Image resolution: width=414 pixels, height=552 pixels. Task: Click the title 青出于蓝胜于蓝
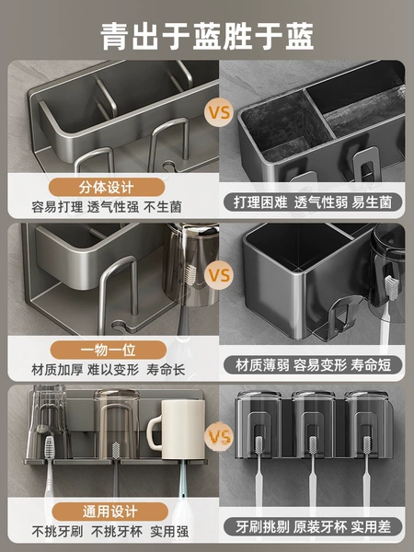207,36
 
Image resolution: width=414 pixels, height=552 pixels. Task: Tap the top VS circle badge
219,112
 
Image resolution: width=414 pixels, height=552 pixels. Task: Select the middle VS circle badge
219,275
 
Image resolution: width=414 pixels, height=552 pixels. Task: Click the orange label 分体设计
107,188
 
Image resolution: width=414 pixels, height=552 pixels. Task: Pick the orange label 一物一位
108,350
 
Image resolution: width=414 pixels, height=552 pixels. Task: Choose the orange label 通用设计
109,512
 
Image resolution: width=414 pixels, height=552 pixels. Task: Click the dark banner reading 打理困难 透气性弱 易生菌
313,202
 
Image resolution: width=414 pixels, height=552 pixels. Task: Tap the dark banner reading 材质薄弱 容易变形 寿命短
313,364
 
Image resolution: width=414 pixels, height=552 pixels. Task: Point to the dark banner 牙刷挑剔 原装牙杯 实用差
313,526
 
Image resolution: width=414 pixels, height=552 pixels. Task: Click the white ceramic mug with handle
178,430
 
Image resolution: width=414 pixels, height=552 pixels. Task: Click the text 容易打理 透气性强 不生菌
107,207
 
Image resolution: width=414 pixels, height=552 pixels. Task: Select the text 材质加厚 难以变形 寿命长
108,370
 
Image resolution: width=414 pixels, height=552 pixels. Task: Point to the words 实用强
169,531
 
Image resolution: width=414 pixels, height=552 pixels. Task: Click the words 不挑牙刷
57,531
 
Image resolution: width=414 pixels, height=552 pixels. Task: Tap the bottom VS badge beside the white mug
219,436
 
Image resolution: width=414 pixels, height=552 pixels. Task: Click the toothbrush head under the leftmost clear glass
50,447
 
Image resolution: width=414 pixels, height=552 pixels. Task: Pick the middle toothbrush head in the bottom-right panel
313,447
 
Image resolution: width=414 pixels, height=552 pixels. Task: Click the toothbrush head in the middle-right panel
390,288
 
